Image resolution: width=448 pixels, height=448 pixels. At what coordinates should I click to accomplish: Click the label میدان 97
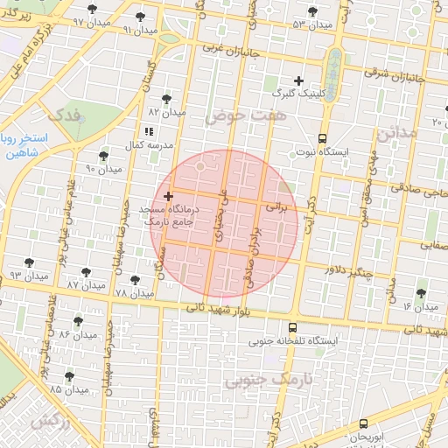pos(87,21)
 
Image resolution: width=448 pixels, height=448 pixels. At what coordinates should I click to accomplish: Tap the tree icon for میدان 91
pos(142,17)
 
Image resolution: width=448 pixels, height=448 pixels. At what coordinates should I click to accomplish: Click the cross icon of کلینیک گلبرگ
pos(298,80)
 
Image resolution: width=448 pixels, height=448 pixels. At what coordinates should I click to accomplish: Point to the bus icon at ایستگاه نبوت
pos(322,138)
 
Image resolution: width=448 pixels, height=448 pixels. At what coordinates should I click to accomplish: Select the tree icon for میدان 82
pos(166,99)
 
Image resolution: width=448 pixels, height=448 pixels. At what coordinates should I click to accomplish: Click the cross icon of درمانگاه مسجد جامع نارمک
pos(169,196)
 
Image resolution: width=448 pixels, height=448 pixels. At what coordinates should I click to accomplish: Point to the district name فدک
pos(65,114)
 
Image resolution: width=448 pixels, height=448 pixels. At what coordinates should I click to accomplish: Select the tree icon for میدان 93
pos(30,262)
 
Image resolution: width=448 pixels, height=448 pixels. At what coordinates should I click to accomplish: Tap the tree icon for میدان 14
pos(421,293)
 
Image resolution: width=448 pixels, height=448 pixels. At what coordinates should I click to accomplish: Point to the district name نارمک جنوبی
pos(272,381)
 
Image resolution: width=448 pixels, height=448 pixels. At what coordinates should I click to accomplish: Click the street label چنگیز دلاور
pos(348,271)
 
